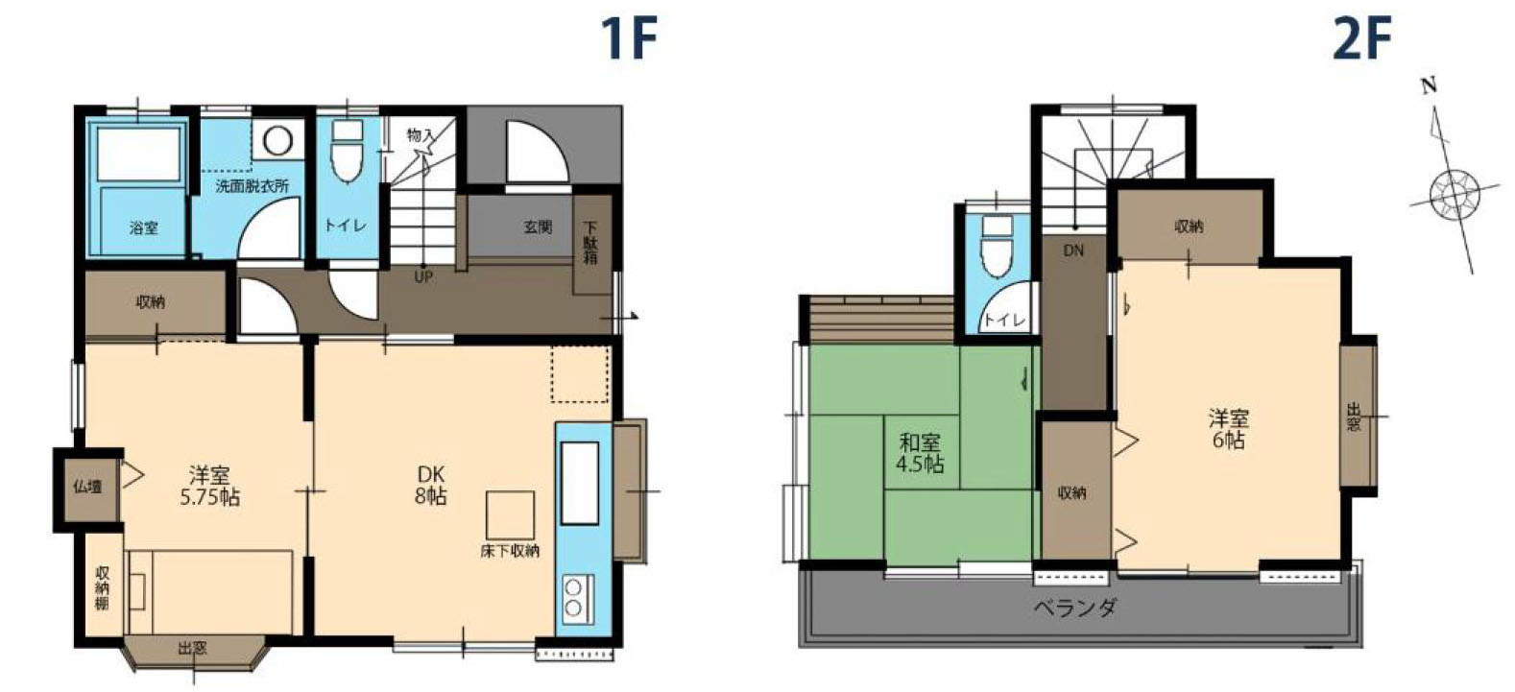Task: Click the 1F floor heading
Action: point(629,38)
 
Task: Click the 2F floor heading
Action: point(1361,38)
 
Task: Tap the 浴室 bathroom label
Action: point(144,228)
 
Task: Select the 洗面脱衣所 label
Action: point(252,186)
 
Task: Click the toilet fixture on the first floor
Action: point(347,154)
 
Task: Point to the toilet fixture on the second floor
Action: point(997,247)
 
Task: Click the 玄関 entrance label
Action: point(538,227)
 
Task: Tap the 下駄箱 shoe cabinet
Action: point(591,245)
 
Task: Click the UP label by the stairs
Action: point(423,277)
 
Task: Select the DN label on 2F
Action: point(1073,251)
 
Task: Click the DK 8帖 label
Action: point(431,485)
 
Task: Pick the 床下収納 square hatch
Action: point(510,515)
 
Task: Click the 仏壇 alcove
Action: point(87,487)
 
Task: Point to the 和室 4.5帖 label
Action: point(920,453)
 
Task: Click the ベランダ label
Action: point(1074,608)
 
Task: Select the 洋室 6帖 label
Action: point(1228,429)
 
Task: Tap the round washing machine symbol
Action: point(277,141)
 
